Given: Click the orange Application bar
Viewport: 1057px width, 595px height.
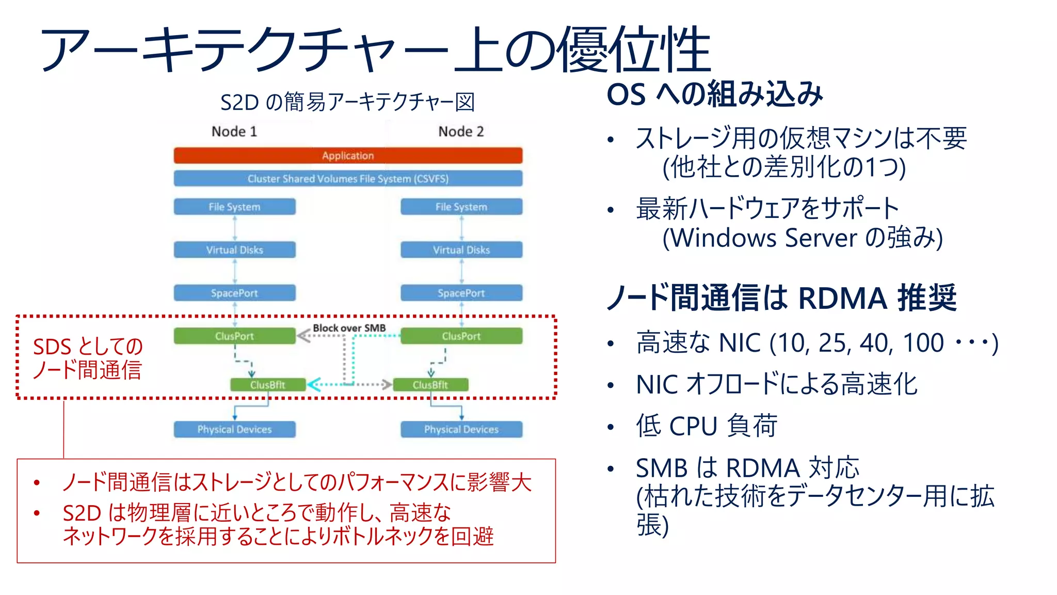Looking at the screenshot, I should coord(348,155).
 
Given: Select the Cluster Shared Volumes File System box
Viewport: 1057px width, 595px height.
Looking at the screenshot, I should coord(348,179).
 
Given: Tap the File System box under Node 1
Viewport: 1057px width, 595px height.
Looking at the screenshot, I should coord(234,207).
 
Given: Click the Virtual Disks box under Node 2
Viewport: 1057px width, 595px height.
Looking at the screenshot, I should coord(461,250).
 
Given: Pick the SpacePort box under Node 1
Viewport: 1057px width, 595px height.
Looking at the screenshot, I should coord(234,293).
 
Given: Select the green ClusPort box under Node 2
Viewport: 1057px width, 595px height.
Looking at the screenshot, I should coord(461,336).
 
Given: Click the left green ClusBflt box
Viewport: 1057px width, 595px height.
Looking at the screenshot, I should coord(267,385).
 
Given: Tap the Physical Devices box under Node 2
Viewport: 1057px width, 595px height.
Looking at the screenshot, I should coord(461,429).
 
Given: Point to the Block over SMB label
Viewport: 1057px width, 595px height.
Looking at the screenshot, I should coord(349,328).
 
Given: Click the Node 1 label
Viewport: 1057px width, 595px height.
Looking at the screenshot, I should coord(234,132).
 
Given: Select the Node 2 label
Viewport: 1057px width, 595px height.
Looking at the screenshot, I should coord(461,132).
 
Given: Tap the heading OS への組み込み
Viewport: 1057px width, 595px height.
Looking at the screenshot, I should coord(714,95).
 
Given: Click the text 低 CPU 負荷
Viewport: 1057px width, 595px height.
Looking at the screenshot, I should coord(707,427).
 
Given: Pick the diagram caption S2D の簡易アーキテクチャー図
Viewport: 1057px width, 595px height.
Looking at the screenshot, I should coord(347,102).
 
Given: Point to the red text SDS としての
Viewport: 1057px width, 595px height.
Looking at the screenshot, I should coord(88,347).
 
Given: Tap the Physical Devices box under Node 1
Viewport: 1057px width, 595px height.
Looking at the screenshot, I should coord(234,429).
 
